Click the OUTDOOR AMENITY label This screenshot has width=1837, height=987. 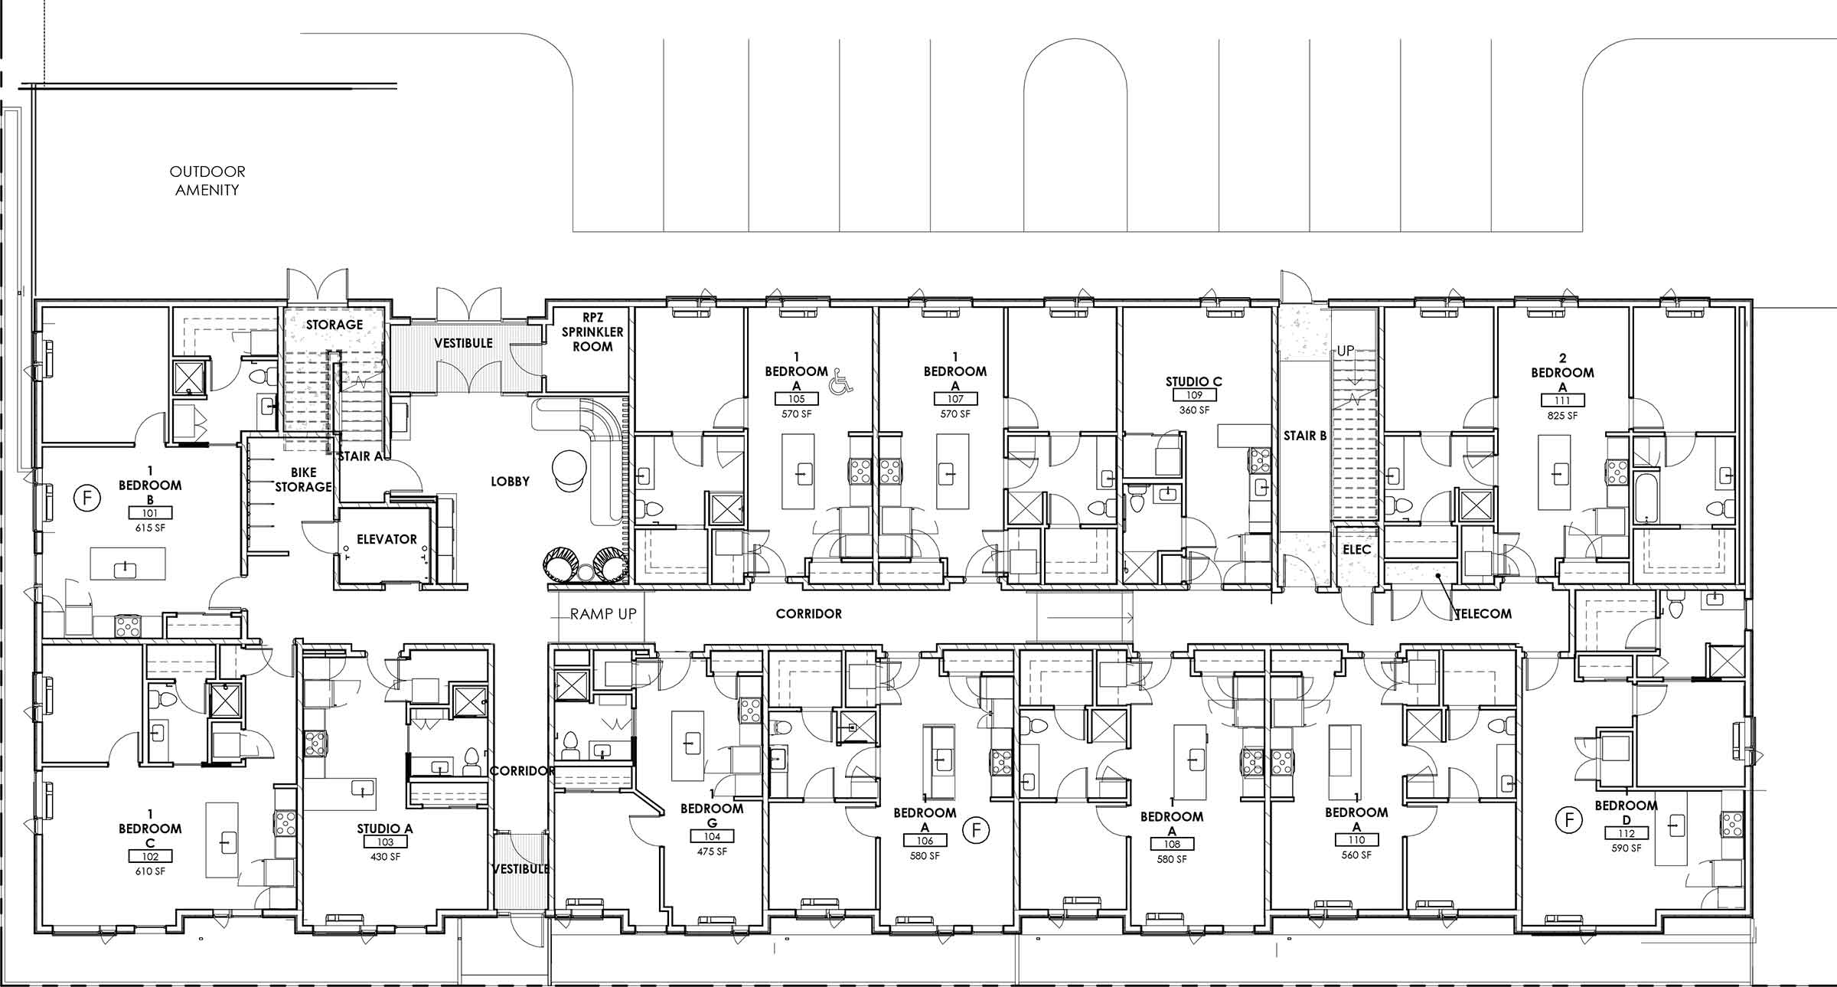(x=207, y=181)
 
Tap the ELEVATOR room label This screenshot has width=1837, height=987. (x=387, y=539)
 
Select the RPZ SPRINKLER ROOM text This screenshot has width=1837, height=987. (x=592, y=332)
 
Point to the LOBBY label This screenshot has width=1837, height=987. (x=510, y=481)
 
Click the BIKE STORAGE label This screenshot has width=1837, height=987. (x=303, y=480)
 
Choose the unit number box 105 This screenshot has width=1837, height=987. (x=796, y=399)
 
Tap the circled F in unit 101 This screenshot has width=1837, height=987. (x=86, y=498)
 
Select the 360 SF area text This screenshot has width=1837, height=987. (x=1194, y=410)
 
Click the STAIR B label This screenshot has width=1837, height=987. (x=1305, y=436)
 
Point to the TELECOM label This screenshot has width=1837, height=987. (x=1483, y=613)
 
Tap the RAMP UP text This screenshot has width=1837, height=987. (x=603, y=613)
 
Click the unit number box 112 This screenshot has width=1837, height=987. (x=1627, y=834)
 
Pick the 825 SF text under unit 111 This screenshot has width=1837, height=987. (x=1561, y=416)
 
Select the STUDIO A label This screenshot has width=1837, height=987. (x=384, y=828)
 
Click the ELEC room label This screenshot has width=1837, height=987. (x=1356, y=550)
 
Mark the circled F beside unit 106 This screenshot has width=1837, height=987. (x=976, y=829)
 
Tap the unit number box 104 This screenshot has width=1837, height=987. (x=712, y=837)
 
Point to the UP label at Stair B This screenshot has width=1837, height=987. (x=1345, y=351)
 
